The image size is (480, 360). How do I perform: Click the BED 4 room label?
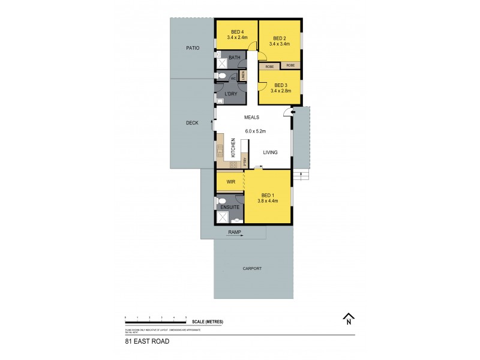click(236, 31)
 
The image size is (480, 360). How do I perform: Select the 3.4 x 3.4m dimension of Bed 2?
click(280, 44)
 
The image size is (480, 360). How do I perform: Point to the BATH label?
click(234, 58)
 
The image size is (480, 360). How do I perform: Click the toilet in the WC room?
click(222, 76)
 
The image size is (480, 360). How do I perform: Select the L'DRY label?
click(231, 94)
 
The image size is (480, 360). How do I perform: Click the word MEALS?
click(251, 118)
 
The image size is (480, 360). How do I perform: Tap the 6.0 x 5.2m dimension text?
click(255, 131)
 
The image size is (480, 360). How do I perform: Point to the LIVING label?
click(270, 152)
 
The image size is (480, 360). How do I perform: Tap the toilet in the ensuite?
click(222, 201)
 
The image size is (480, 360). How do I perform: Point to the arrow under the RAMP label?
click(234, 236)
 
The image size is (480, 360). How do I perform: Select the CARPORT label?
click(252, 268)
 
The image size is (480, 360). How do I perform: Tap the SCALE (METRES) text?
click(208, 322)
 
